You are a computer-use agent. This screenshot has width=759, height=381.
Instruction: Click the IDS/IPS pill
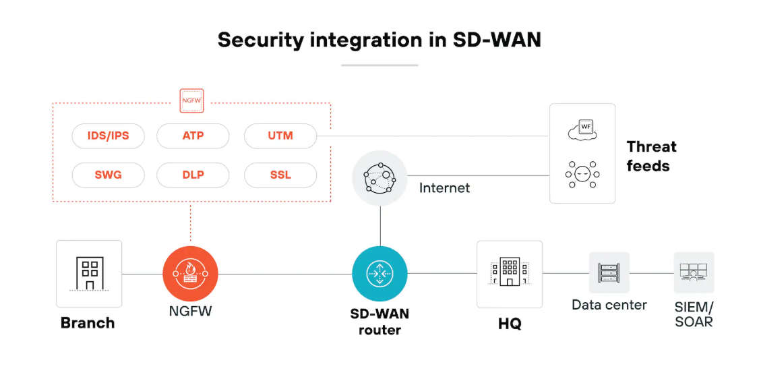tap(108, 136)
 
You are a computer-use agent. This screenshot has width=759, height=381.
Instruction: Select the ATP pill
tap(193, 136)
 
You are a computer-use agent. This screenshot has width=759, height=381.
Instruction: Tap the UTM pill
tap(280, 136)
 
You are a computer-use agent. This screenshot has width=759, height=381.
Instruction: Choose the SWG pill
tap(108, 175)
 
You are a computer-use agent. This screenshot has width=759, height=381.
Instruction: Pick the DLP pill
tap(193, 175)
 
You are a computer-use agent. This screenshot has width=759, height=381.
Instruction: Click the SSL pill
tap(280, 175)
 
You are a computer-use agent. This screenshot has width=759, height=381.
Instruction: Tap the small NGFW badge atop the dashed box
tap(192, 101)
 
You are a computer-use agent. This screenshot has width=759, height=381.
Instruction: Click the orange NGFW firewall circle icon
tap(191, 274)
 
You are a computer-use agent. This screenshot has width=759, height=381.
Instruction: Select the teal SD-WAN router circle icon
tap(380, 274)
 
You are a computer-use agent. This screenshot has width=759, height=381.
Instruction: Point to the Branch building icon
tap(89, 273)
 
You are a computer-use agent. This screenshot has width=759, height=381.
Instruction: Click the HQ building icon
tap(510, 273)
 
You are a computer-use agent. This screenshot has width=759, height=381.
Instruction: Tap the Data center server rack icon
tap(609, 272)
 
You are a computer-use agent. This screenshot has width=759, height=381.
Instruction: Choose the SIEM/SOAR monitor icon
tap(694, 272)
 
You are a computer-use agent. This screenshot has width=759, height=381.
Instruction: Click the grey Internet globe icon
tap(380, 178)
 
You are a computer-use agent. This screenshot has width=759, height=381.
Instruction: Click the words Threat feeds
tap(651, 156)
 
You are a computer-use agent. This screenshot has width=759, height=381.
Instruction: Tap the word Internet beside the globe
tap(445, 187)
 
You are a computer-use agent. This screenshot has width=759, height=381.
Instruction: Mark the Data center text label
tap(609, 305)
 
